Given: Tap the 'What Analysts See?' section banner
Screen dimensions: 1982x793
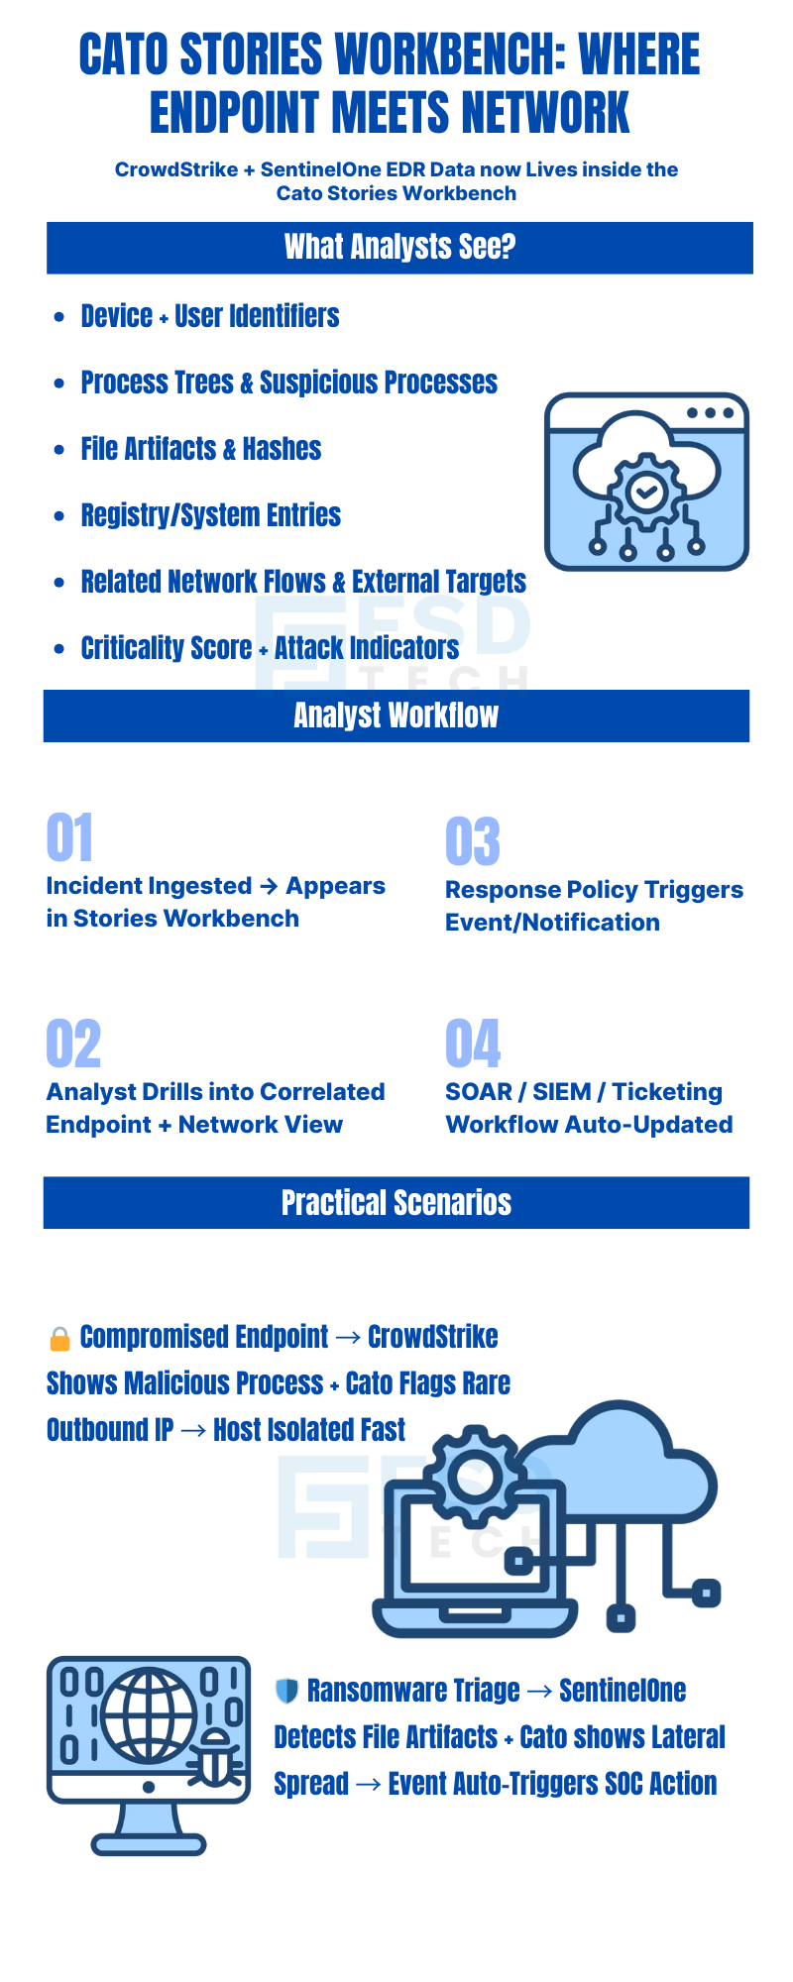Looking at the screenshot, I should click(x=399, y=247).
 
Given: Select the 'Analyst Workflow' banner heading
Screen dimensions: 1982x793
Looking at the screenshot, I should click(x=396, y=716).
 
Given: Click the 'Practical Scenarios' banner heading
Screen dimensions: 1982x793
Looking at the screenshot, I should click(x=396, y=1203).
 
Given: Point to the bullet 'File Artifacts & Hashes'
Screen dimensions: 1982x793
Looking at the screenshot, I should click(x=201, y=449).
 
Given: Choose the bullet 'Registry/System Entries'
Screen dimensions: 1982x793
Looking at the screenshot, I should click(x=210, y=515).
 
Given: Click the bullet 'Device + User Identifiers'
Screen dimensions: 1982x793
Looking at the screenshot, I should click(x=210, y=316).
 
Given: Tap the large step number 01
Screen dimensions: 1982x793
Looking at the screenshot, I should click(x=69, y=837).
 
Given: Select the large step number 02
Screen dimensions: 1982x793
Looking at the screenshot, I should click(x=73, y=1044).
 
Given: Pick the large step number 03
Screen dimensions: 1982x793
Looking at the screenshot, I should click(x=472, y=841).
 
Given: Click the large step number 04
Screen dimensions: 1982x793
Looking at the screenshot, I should click(x=472, y=1044).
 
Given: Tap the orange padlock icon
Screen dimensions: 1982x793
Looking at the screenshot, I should click(x=59, y=1339).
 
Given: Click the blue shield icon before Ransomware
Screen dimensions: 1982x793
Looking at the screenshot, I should click(x=286, y=1691).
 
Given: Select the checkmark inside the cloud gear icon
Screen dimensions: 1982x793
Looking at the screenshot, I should click(x=646, y=490).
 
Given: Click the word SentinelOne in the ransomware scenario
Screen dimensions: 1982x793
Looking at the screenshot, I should click(x=623, y=1691).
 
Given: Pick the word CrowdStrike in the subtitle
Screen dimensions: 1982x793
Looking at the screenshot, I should click(x=175, y=169).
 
